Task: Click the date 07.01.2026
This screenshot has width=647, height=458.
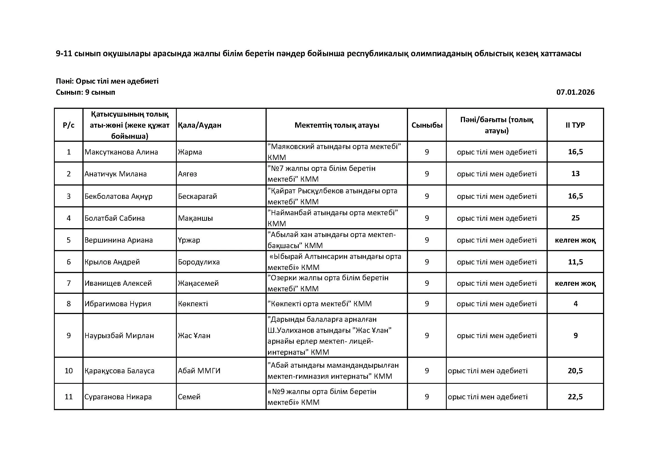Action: click(575, 92)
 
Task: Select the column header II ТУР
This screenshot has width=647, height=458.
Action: click(575, 125)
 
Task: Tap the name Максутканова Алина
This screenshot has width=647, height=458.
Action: click(121, 152)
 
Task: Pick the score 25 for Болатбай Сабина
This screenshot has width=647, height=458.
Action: click(575, 218)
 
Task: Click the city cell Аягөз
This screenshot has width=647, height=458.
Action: click(187, 174)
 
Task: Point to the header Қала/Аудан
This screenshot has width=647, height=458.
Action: click(199, 125)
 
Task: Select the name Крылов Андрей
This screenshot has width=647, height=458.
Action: click(112, 262)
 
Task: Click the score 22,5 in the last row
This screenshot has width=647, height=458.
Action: click(575, 397)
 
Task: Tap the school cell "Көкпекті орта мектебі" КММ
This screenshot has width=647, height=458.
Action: click(319, 303)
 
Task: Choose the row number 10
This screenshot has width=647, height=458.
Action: click(69, 370)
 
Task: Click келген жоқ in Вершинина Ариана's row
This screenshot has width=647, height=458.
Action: click(575, 240)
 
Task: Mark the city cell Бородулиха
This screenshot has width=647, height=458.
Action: click(199, 262)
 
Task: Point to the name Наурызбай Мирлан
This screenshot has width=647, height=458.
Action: click(119, 335)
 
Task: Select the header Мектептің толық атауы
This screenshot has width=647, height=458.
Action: click(337, 125)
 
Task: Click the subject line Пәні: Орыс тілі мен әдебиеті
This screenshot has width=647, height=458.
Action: click(107, 81)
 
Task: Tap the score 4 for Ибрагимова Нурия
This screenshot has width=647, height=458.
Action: click(575, 303)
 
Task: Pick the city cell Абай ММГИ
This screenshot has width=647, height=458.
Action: click(199, 370)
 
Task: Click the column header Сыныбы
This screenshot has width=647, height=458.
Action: click(427, 125)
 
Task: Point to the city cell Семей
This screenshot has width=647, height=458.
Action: click(189, 397)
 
